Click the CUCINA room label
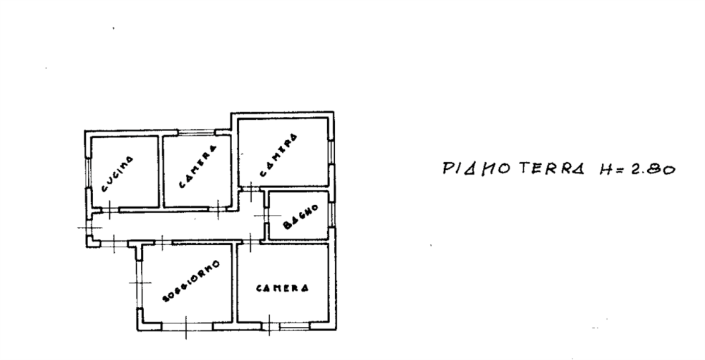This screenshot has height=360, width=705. (x=117, y=174)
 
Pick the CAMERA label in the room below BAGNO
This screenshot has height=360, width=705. (x=283, y=287)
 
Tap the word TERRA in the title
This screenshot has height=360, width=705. (x=553, y=169)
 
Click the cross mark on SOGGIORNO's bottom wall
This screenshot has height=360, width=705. (x=185, y=325)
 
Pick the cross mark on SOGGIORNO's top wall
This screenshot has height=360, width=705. (x=161, y=242)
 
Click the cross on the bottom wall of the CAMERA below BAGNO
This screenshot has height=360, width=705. (x=271, y=325)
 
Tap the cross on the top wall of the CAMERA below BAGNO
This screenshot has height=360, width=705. (x=252, y=244)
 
